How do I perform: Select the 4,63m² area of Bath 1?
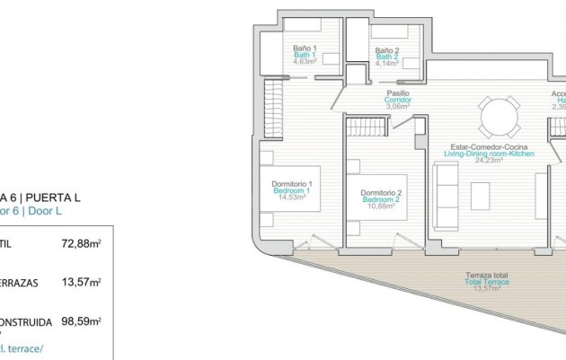[x=300, y=62]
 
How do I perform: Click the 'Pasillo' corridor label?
[x=398, y=92]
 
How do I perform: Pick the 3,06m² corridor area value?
[x=398, y=106]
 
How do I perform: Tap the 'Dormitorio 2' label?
[x=380, y=192]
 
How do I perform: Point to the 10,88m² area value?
[x=380, y=206]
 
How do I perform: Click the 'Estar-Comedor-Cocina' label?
[x=489, y=146]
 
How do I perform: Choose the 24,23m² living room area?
[x=489, y=161]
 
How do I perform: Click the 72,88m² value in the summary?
[x=80, y=242]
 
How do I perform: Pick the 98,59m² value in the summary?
[x=80, y=320]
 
